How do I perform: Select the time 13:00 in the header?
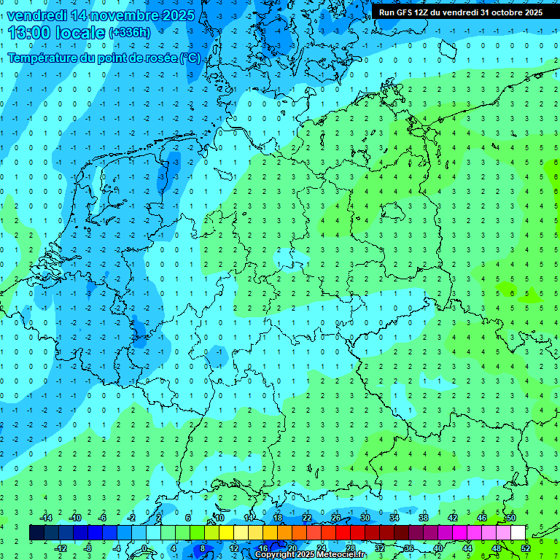coord(33,32)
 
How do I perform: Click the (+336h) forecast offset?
coord(130,33)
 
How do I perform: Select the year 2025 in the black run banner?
coord(530,12)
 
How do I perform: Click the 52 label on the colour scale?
coord(525,548)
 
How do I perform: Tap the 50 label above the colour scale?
coord(510,518)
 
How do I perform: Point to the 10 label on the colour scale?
coord(219,518)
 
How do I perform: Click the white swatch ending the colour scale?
coord(518,533)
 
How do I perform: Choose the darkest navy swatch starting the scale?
coord(36,533)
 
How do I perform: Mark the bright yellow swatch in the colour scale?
coord(226,533)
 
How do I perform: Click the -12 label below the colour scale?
coord(62,548)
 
